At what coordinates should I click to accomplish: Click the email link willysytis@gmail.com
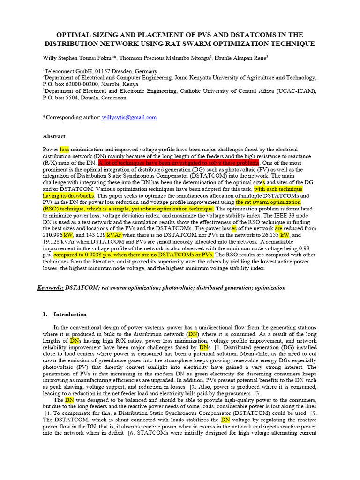point(129,118)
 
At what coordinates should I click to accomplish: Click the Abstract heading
point(54,136)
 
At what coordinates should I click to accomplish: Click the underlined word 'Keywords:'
point(50,287)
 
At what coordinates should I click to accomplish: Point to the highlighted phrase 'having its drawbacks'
point(68,195)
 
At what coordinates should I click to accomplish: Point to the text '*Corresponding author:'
point(71,118)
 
